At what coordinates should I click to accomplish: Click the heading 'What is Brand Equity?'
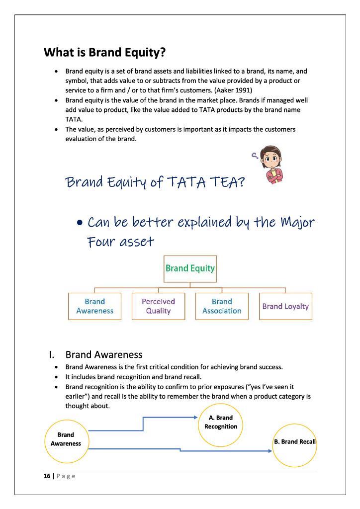(x=104, y=52)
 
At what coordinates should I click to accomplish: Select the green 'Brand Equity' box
(x=190, y=268)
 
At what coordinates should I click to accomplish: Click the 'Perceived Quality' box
(x=158, y=306)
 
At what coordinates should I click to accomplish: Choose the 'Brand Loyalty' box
(x=285, y=306)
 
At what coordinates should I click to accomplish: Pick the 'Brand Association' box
(x=222, y=306)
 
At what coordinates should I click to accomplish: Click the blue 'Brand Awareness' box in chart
(x=94, y=306)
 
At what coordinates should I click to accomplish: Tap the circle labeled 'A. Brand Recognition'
(x=221, y=423)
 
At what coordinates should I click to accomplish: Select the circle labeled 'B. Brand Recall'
(x=294, y=442)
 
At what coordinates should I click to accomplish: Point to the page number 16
(x=47, y=476)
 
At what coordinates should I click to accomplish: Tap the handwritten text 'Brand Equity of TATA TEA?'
(x=155, y=182)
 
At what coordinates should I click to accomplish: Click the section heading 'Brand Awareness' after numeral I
(x=104, y=354)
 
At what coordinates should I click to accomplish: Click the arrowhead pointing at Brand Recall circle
(x=270, y=451)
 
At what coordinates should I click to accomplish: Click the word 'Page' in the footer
(x=65, y=476)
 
